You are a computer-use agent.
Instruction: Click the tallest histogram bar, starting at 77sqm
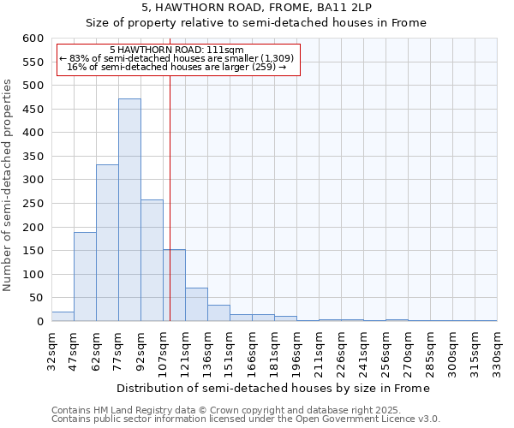point(129,210)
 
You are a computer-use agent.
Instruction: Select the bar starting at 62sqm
point(107,243)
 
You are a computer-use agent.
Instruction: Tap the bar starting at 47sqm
point(85,276)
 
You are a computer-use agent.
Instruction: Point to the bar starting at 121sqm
point(196,305)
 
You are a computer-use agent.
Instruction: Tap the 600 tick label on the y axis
point(33,39)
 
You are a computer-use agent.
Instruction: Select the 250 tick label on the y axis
point(33,204)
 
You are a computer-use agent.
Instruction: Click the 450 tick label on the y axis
point(33,110)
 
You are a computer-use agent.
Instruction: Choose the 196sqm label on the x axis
point(296,351)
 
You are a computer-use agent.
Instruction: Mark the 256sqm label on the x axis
point(385,351)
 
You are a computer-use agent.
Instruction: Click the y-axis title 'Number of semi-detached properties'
point(9,185)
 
